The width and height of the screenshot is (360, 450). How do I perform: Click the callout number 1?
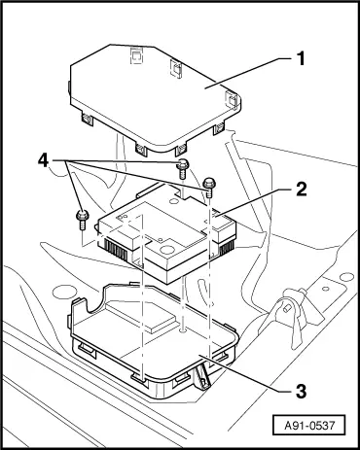(x=301, y=58)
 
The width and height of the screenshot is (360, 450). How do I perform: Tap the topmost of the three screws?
(x=182, y=170)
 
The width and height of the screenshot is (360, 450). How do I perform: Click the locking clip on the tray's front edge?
(x=201, y=374)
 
